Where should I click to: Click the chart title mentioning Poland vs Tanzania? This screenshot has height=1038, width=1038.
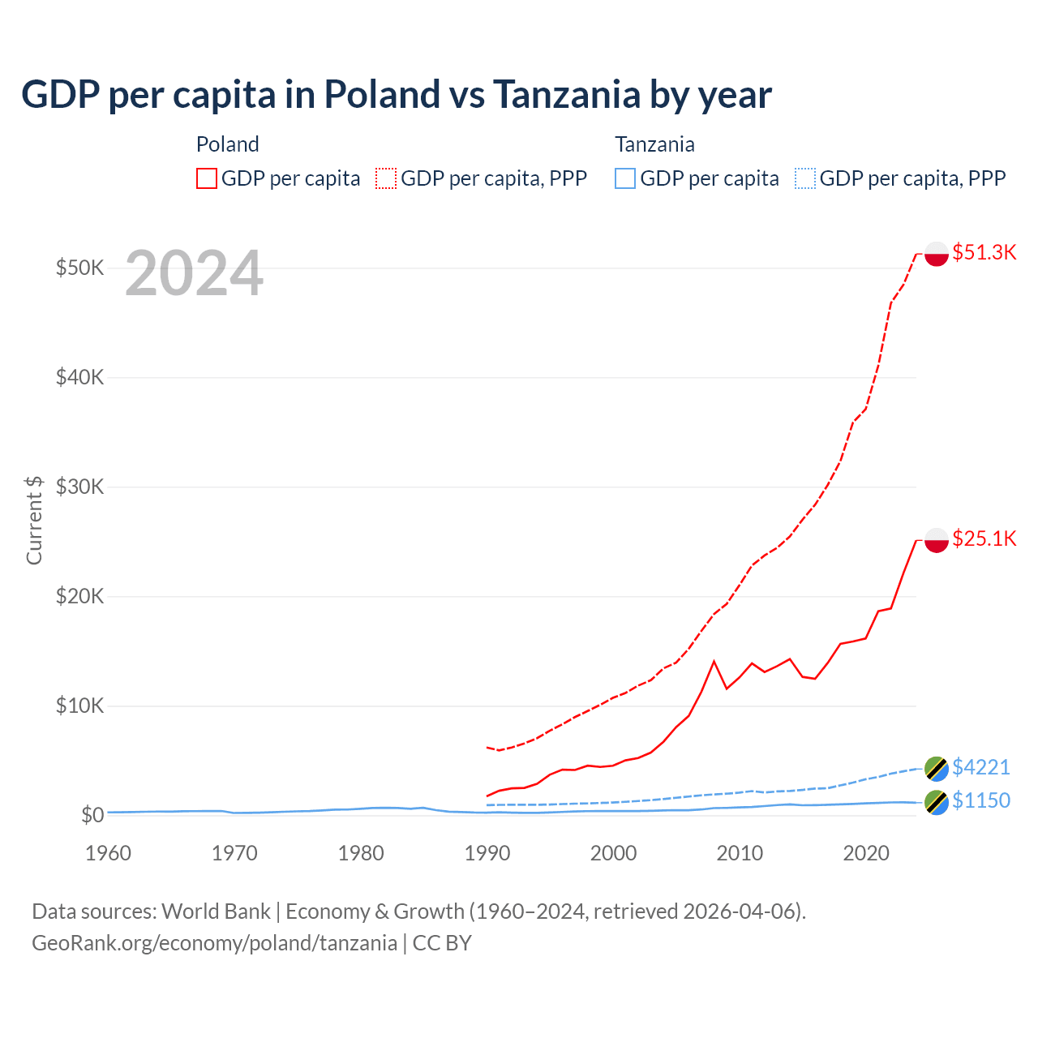396,95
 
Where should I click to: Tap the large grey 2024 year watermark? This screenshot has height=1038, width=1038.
194,274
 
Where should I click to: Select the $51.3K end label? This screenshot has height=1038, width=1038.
984,252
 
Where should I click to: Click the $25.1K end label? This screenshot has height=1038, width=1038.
984,538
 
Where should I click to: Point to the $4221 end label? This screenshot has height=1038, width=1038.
980,767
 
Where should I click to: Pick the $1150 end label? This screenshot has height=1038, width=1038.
980,800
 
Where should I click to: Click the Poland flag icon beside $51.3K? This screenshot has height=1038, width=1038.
937,254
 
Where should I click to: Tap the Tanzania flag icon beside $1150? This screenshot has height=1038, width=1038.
937,802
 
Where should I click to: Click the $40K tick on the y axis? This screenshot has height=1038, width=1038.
79,377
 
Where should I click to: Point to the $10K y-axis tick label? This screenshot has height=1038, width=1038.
79,706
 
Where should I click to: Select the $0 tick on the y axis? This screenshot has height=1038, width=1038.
92,815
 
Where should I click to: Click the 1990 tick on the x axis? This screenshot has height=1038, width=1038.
487,853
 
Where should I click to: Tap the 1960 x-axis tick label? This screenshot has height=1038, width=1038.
108,853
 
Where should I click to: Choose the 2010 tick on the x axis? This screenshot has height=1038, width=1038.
740,853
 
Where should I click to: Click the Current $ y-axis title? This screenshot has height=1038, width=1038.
34,520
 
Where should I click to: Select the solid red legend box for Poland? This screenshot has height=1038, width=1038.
207,178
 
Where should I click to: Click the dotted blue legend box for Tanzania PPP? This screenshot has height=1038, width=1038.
805,178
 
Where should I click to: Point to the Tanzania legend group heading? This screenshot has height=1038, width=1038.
654,144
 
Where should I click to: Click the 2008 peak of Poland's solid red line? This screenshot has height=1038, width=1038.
714,662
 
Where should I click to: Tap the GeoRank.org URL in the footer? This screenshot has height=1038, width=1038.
214,943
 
